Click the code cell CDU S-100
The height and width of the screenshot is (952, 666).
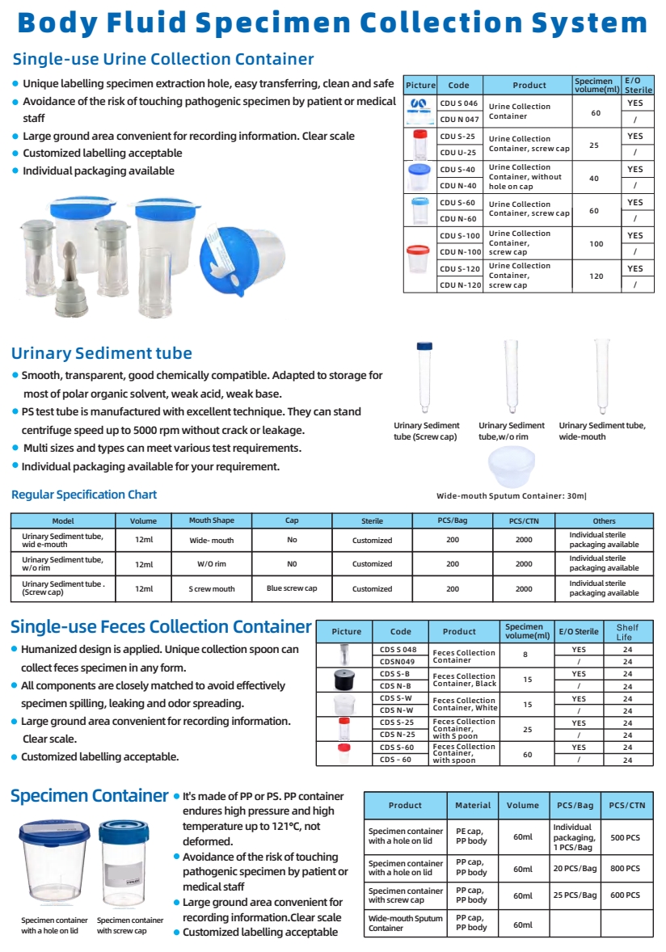(460, 235)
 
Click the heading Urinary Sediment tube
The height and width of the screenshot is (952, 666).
(102, 353)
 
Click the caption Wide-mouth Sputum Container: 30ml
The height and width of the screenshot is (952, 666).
(511, 496)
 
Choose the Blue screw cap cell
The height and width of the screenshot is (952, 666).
(292, 588)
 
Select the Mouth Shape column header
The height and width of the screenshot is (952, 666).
(211, 521)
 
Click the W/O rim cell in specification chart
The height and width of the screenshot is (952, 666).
(211, 564)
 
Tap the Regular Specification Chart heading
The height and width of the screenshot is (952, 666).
(84, 495)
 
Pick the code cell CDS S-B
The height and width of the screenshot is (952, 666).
(395, 673)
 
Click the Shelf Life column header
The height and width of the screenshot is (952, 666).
(627, 631)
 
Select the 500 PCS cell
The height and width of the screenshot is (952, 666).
(627, 838)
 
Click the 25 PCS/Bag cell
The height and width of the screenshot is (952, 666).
(575, 895)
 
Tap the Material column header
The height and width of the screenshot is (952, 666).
(473, 805)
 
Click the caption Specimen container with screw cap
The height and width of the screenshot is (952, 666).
(129, 925)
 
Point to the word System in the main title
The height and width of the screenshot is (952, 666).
(586, 23)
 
